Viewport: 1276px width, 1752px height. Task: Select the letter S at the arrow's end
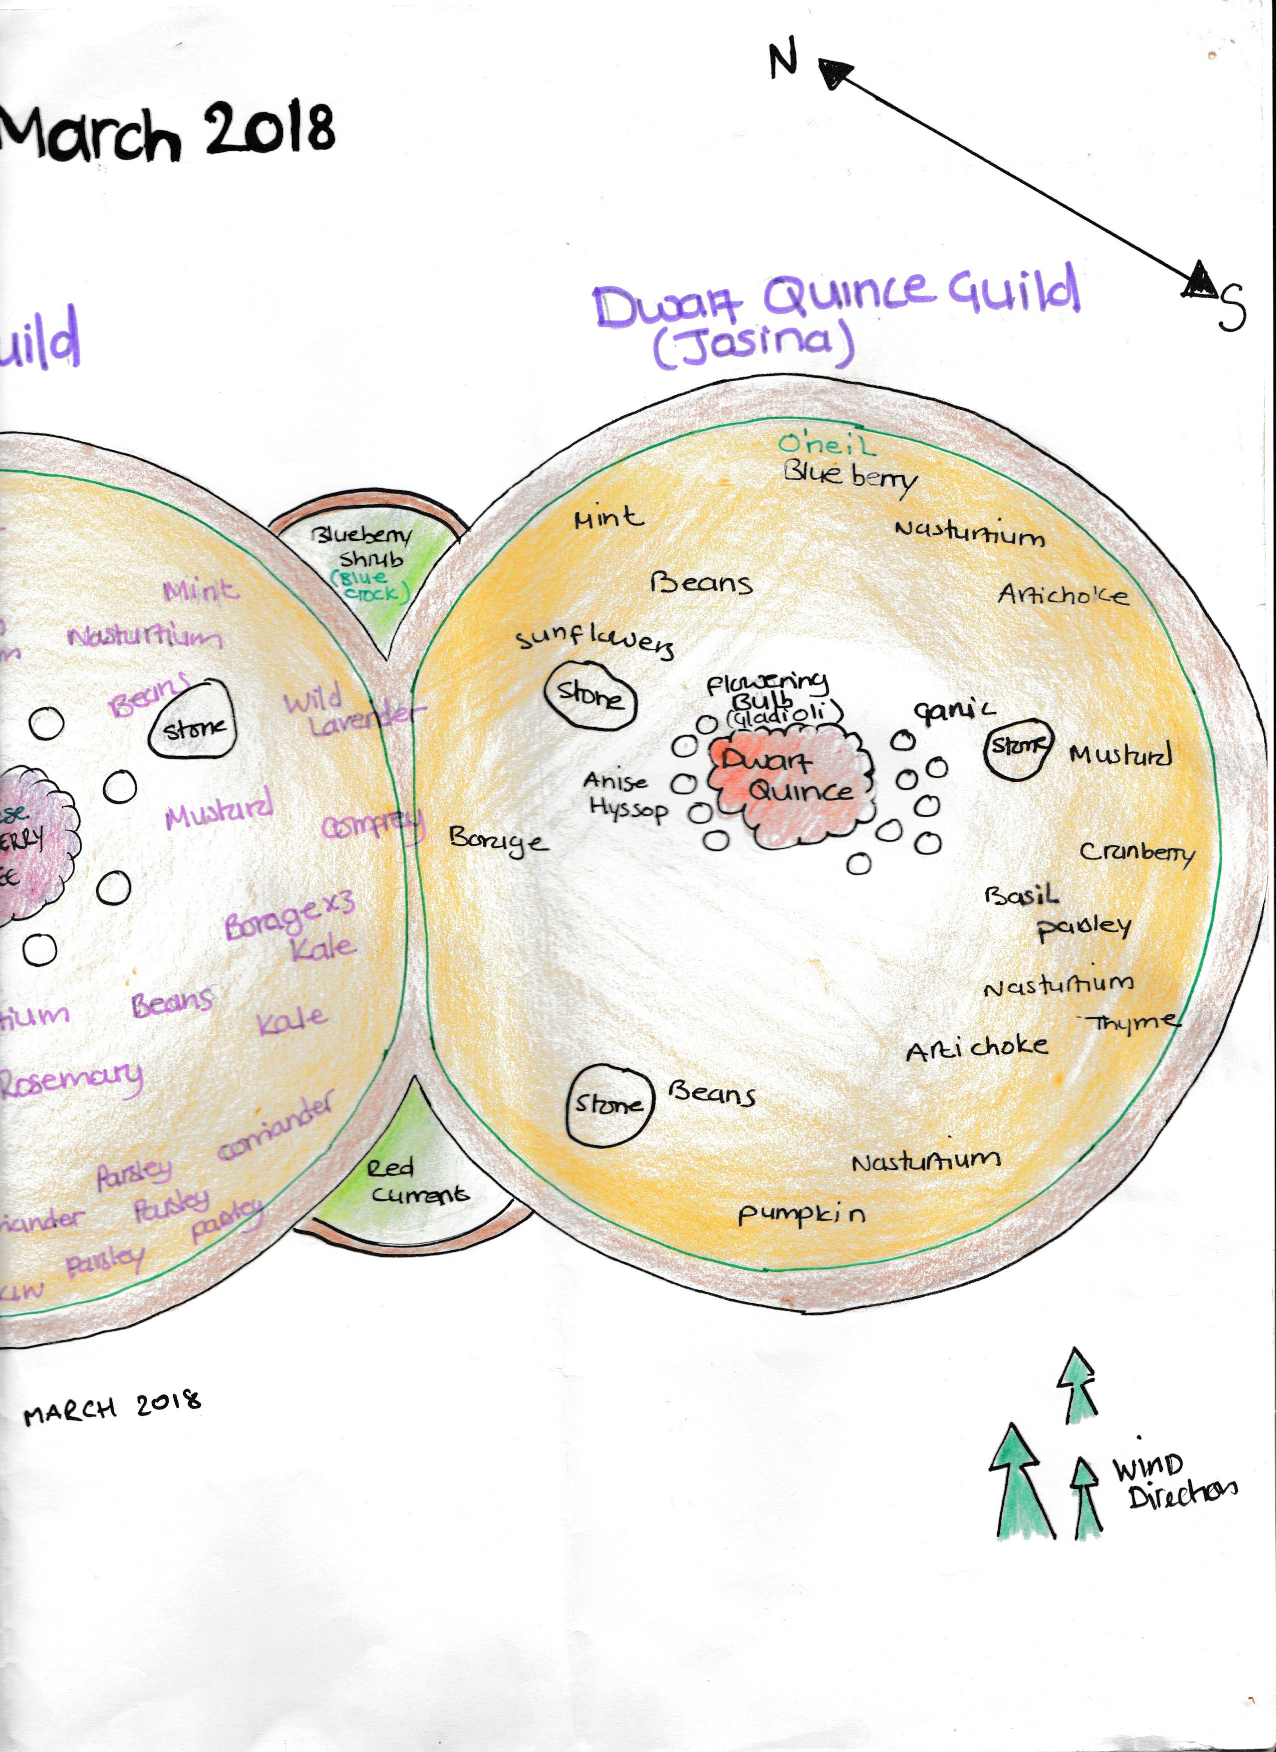(x=1232, y=307)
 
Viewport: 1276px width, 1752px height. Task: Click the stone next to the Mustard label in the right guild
(x=1018, y=746)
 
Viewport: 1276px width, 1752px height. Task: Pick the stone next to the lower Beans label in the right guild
(x=609, y=1104)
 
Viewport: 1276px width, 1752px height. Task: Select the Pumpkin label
(x=802, y=1214)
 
